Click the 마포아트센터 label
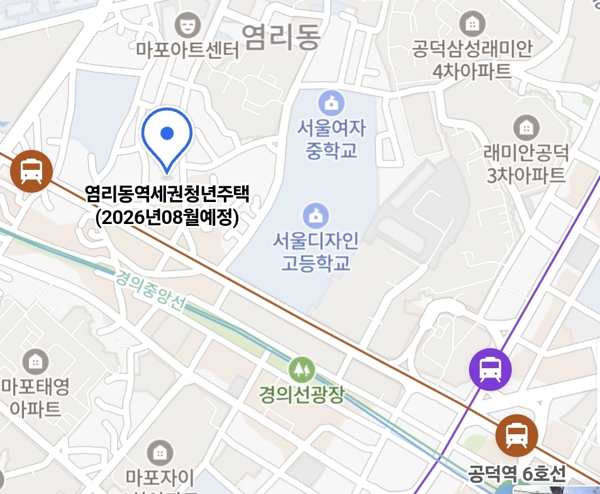coord(187,50)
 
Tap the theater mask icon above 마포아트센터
coord(187,25)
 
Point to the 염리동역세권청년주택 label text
coord(167,194)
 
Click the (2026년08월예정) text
coord(167,218)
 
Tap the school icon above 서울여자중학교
coord(330,103)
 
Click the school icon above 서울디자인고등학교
coord(316,216)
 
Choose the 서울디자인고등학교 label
coord(316,251)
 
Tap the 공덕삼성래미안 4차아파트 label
coord(472,60)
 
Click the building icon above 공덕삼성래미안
coord(472,25)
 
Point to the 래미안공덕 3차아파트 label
coord(525,163)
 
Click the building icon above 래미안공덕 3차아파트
coord(526,128)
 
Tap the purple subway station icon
coord(490,369)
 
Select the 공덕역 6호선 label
coord(517,473)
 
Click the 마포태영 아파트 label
coord(35,396)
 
